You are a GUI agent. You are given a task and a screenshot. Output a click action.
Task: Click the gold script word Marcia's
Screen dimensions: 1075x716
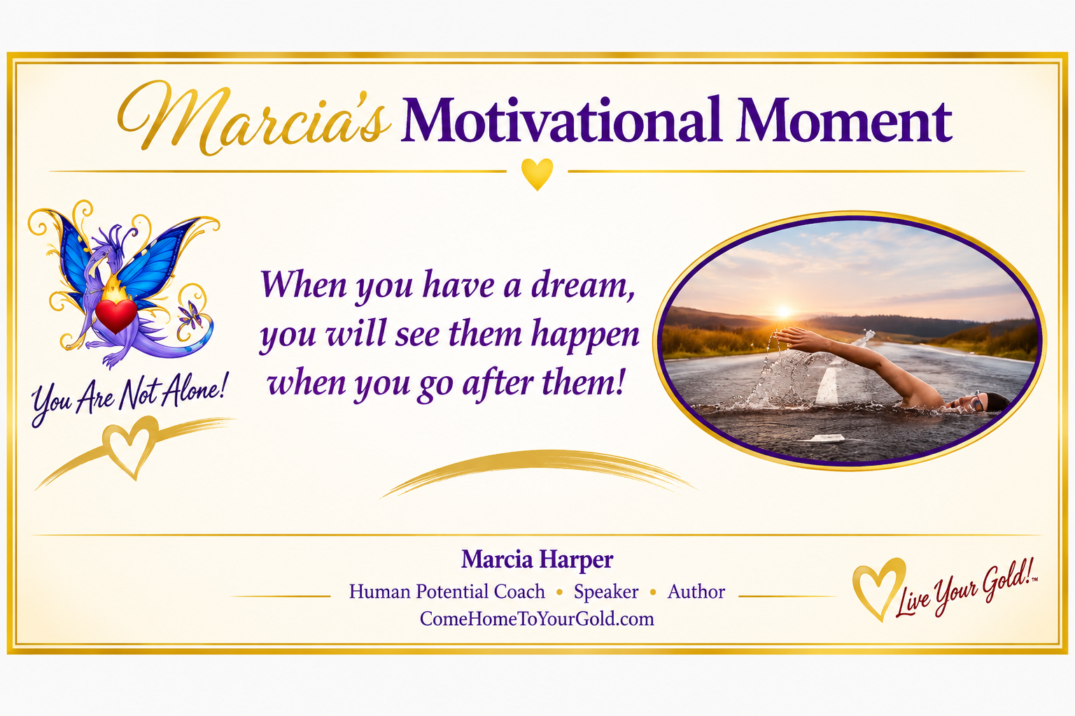[x=253, y=118]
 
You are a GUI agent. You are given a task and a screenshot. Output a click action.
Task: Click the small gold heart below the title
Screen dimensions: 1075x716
[x=537, y=174]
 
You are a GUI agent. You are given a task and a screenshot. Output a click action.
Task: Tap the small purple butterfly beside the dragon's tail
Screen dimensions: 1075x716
[x=191, y=315]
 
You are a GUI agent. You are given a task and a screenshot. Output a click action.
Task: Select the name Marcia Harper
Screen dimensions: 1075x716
[x=537, y=560]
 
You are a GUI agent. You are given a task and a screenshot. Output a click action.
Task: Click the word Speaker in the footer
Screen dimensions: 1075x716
[x=606, y=592]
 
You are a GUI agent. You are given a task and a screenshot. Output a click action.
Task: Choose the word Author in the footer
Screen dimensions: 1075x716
[x=696, y=592]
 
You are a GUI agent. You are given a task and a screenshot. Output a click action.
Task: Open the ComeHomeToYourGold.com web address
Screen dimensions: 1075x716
[x=537, y=619]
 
